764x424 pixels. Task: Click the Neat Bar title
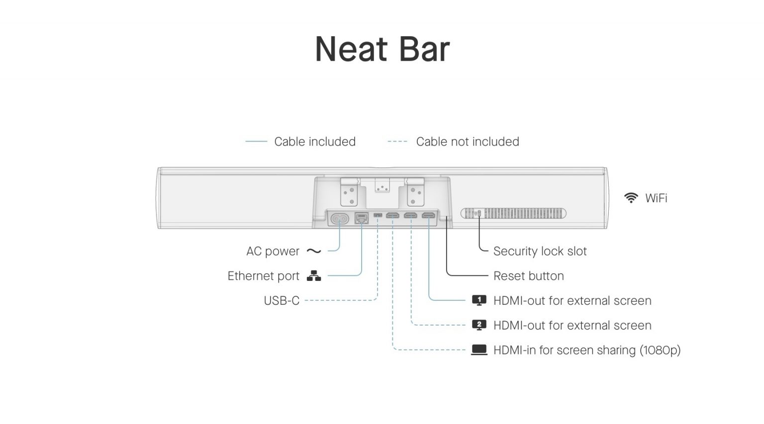click(382, 49)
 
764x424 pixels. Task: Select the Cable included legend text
click(314, 142)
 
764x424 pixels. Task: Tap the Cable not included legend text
click(467, 142)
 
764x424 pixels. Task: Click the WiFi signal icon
click(631, 198)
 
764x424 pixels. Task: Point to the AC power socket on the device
click(340, 218)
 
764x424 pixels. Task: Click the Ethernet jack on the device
click(362, 218)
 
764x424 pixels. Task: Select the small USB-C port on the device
click(378, 215)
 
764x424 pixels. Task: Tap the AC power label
click(273, 252)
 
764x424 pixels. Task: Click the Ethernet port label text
click(263, 276)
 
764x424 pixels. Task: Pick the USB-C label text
click(282, 301)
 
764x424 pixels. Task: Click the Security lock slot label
click(540, 252)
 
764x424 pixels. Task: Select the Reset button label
click(528, 276)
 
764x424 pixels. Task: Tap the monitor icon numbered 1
click(479, 300)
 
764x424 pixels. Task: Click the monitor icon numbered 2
click(479, 325)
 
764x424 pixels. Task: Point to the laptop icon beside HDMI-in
click(479, 350)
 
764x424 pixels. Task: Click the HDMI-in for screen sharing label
click(586, 350)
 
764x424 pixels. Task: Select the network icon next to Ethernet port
click(314, 276)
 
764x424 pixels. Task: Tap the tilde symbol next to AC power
click(314, 252)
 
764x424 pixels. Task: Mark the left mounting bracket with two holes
click(349, 193)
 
